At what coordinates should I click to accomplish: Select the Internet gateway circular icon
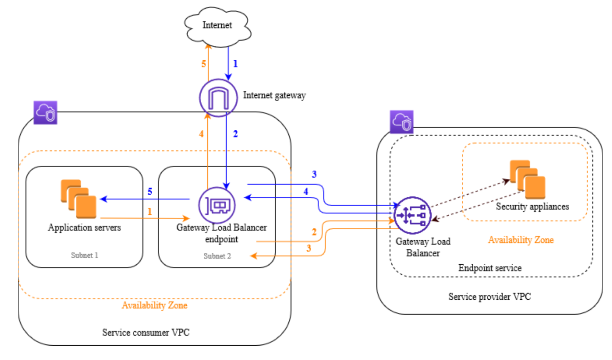[218, 98]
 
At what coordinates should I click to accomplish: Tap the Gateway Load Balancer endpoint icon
[217, 205]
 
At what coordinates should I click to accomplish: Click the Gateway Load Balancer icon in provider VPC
[413, 215]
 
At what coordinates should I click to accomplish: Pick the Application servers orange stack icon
[78, 199]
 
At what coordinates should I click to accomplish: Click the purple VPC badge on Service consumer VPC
[45, 112]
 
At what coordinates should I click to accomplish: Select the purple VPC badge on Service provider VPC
[401, 122]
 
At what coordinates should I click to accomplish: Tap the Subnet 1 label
[84, 255]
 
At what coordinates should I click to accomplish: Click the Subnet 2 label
[217, 256]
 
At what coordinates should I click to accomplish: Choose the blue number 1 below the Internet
[235, 64]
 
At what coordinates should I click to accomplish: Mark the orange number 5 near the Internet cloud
[204, 64]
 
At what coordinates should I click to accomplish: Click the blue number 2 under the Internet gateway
[235, 134]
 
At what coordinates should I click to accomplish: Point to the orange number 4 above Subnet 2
[201, 134]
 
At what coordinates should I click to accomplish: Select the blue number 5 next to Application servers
[150, 191]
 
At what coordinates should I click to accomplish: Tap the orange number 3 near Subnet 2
[309, 248]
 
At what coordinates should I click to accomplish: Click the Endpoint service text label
[490, 268]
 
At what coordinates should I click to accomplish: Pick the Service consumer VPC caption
[146, 332]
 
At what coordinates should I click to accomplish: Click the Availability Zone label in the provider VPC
[521, 240]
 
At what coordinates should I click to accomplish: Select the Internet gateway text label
[274, 95]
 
